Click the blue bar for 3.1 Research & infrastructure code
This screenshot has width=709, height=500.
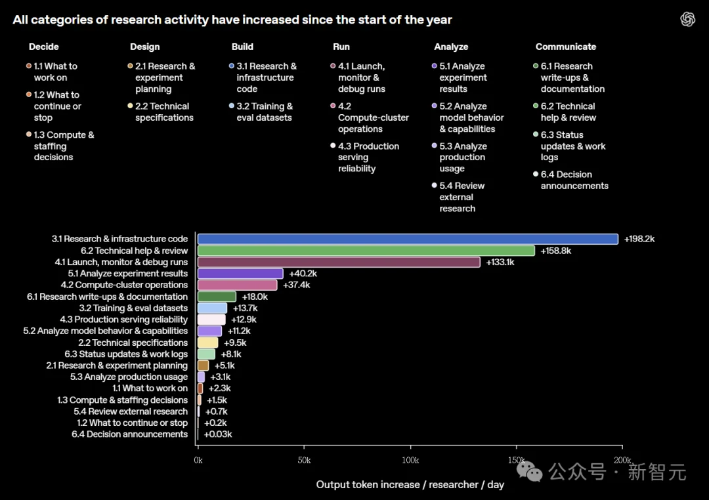[x=408, y=239]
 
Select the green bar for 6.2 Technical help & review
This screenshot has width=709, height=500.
[x=366, y=251]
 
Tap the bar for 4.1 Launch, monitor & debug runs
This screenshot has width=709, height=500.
[x=339, y=262]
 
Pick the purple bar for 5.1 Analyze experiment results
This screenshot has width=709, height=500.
[x=240, y=274]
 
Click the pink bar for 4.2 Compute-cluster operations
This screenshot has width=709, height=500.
[x=238, y=285]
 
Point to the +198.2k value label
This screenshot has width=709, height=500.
[x=639, y=239]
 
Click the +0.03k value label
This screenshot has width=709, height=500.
[x=218, y=434]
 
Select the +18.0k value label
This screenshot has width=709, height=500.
[x=255, y=297]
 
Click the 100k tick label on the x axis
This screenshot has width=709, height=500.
[x=410, y=460]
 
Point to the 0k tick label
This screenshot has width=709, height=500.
[x=198, y=460]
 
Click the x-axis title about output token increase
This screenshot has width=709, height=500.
[x=410, y=485]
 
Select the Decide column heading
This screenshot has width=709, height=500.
[x=44, y=47]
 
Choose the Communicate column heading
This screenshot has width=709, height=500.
[x=566, y=47]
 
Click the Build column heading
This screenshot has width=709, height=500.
[x=242, y=47]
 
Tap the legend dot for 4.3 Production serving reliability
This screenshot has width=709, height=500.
[x=333, y=146]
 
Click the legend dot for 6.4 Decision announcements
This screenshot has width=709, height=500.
[x=536, y=174]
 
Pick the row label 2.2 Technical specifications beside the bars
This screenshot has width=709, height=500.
[x=133, y=343]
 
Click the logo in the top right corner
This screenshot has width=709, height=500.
[x=688, y=19]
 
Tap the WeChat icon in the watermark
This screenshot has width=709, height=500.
[x=530, y=472]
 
